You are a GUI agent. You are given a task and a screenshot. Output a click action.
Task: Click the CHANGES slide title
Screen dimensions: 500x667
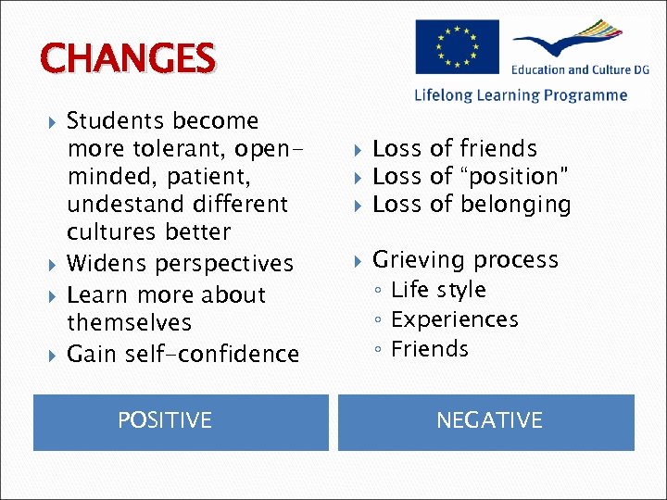128,58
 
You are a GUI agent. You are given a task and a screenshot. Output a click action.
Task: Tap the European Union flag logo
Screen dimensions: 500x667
457,46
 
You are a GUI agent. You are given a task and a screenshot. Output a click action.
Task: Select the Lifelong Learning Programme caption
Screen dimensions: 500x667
521,95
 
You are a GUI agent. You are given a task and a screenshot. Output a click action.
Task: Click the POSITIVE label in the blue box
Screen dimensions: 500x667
165,420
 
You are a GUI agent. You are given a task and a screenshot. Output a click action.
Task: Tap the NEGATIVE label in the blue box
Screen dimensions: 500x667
489,420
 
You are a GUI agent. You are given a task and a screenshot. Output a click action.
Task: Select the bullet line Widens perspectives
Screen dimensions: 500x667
180,264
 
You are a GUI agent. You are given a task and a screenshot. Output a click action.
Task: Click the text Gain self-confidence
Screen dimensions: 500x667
183,354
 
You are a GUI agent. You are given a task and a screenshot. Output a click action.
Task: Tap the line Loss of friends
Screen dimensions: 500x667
454,148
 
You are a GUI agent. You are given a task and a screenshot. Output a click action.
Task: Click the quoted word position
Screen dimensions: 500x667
513,176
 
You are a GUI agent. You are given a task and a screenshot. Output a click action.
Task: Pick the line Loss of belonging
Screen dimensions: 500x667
472,204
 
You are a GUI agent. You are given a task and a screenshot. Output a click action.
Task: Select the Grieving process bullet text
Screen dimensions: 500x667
465,260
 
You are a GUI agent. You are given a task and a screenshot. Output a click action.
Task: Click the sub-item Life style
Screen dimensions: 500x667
438,290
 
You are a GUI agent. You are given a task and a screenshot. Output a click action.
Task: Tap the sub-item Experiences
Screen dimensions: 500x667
455,319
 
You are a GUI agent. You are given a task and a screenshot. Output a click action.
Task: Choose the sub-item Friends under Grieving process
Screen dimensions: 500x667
430,349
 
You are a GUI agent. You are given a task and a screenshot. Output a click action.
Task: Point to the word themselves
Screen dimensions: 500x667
129,323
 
